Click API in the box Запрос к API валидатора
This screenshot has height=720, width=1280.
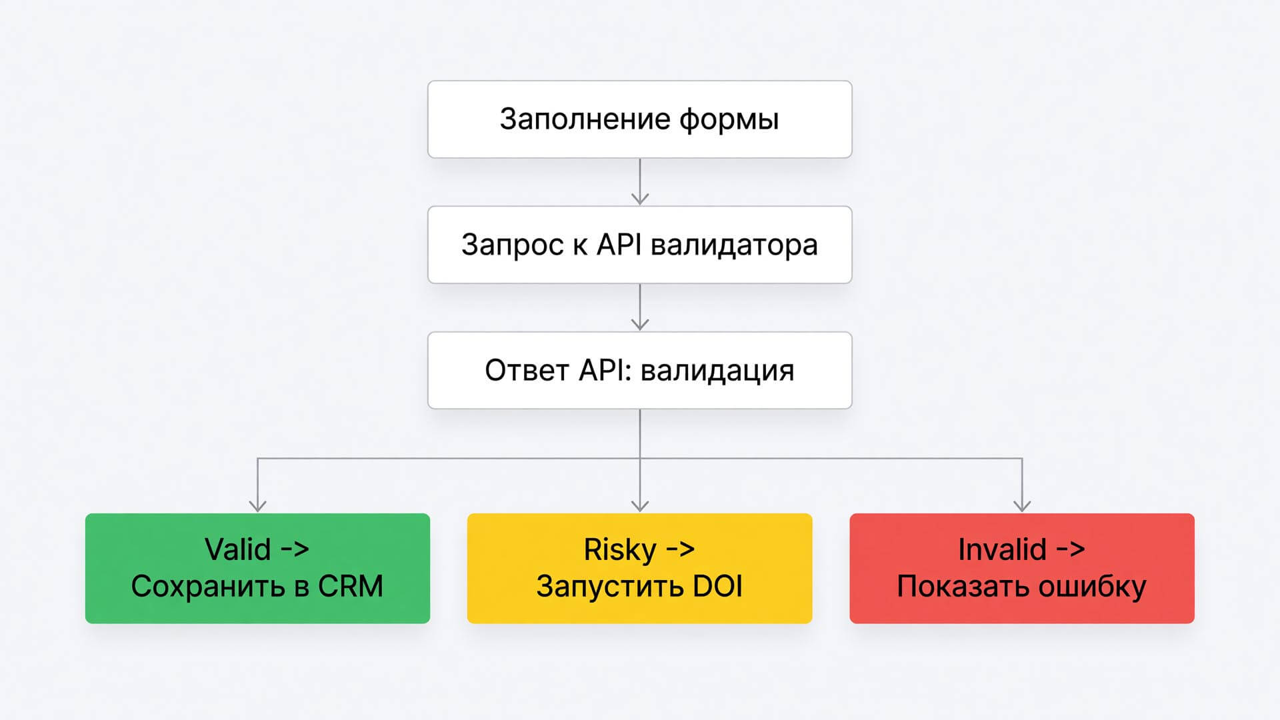(x=619, y=245)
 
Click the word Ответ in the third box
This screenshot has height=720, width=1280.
(x=527, y=371)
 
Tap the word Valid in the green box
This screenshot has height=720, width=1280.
(x=238, y=549)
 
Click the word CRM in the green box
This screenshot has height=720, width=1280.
(x=351, y=587)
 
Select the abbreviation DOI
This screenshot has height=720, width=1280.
(x=718, y=587)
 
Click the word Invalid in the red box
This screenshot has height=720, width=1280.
(x=1002, y=549)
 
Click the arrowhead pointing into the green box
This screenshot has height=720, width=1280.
(x=257, y=505)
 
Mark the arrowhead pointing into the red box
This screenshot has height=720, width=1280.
(x=1022, y=505)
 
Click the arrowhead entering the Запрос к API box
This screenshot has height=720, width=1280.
(x=640, y=198)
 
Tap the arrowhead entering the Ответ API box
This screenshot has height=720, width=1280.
(x=640, y=323)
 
